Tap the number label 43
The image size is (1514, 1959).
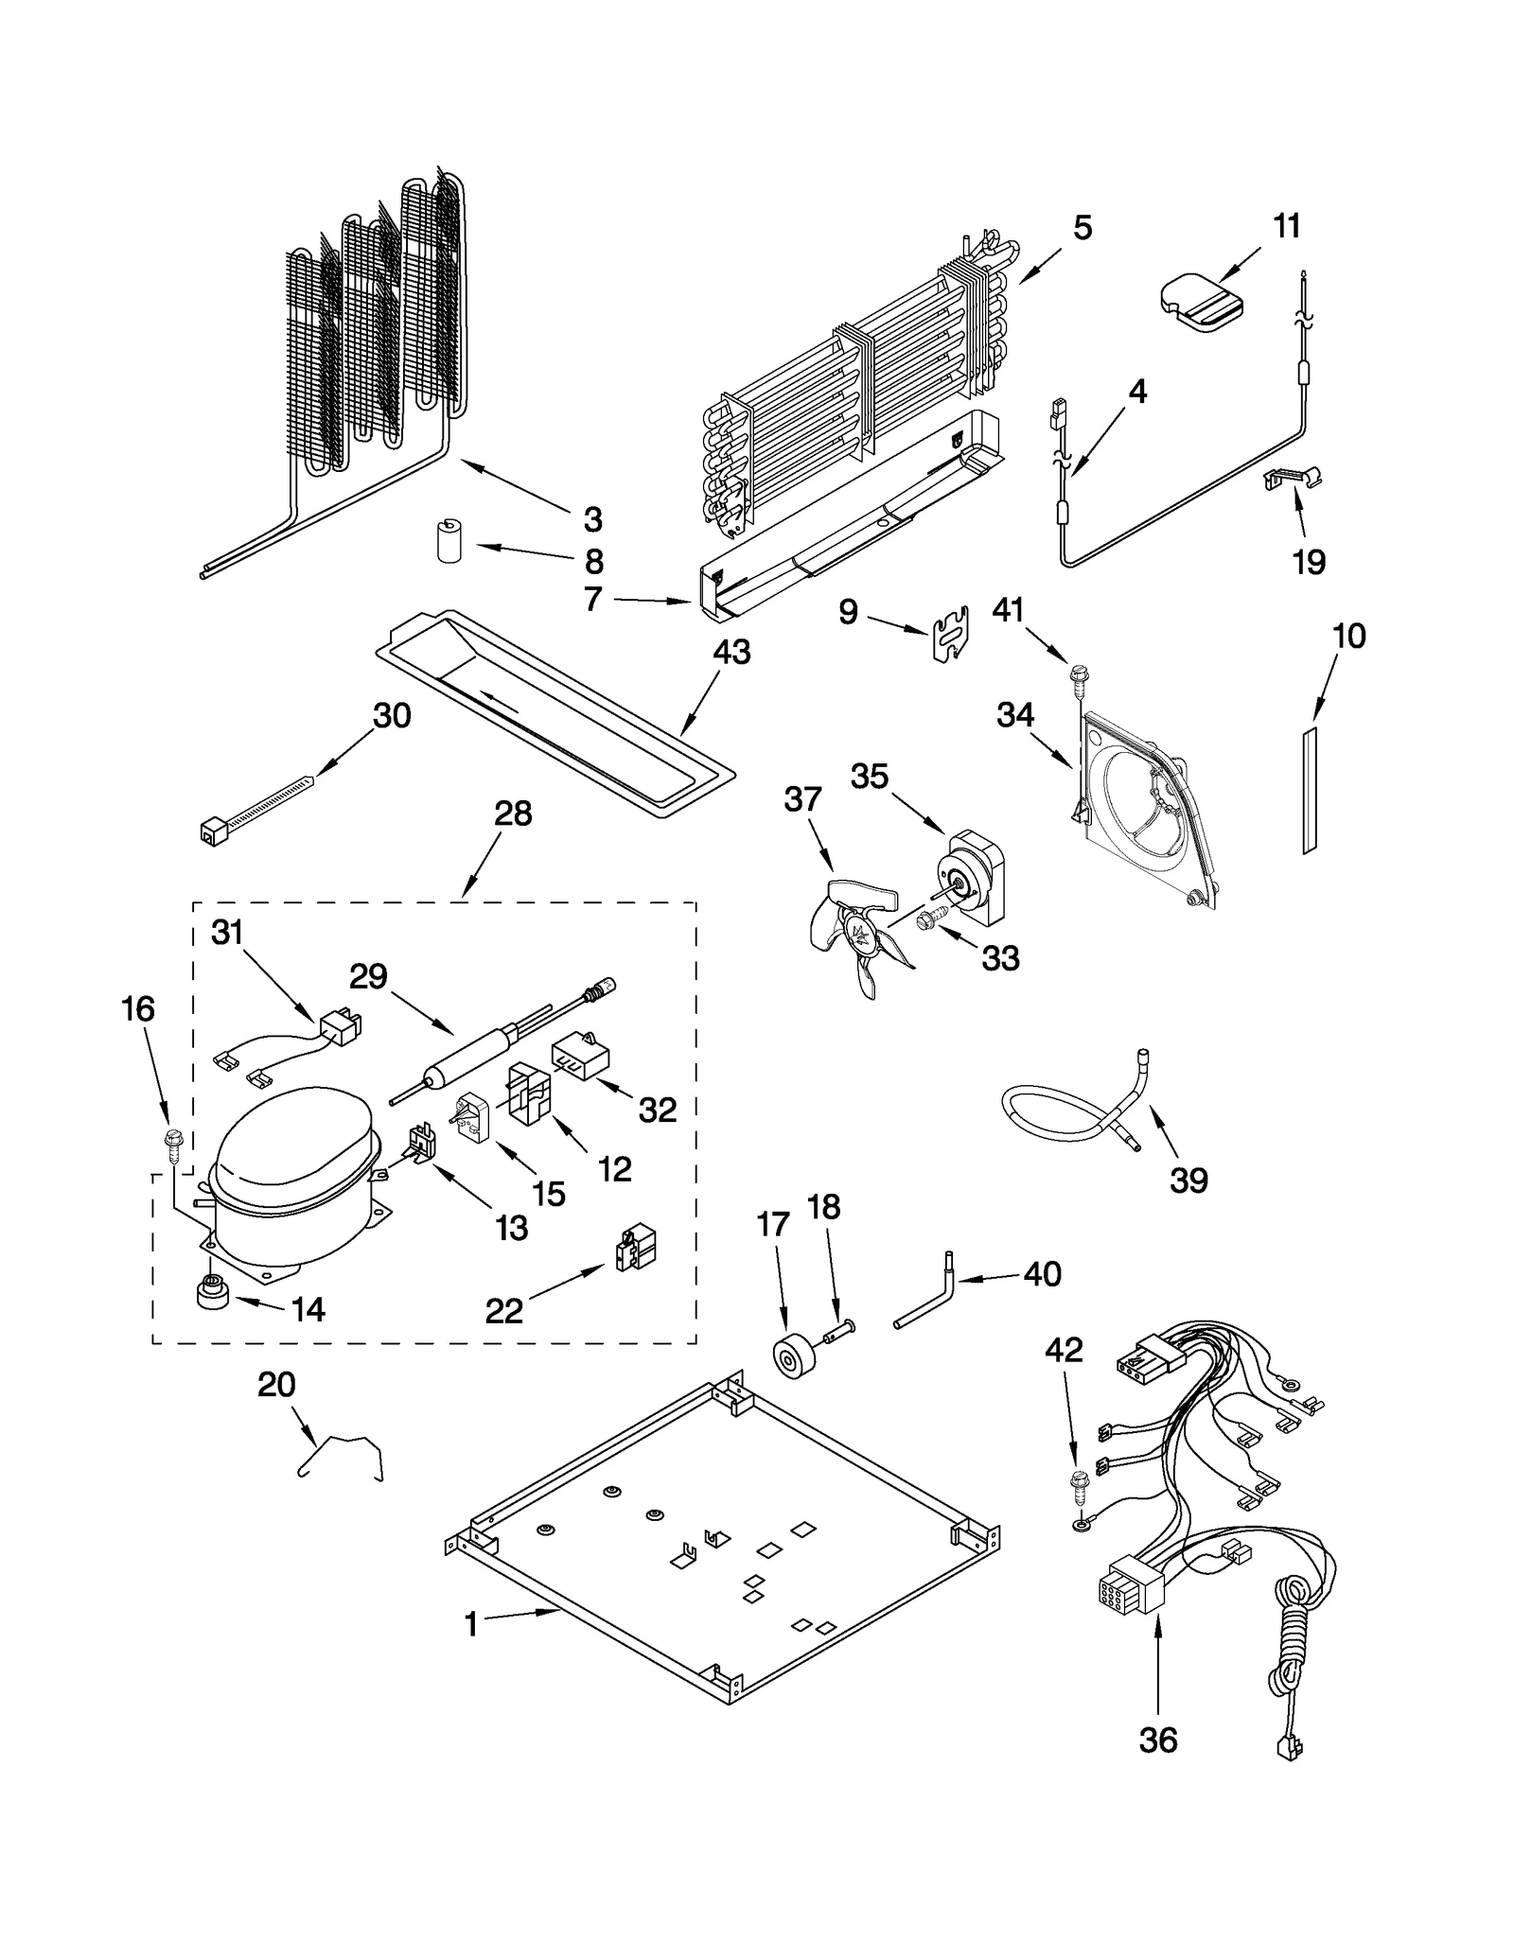[731, 652]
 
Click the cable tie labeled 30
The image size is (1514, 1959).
[255, 805]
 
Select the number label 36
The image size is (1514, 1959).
[1158, 1740]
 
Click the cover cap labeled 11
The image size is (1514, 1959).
[1201, 302]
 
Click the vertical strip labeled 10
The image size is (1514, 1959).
[1310, 791]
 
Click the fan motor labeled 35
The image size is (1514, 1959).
[970, 876]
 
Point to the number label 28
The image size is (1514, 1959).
[513, 813]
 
